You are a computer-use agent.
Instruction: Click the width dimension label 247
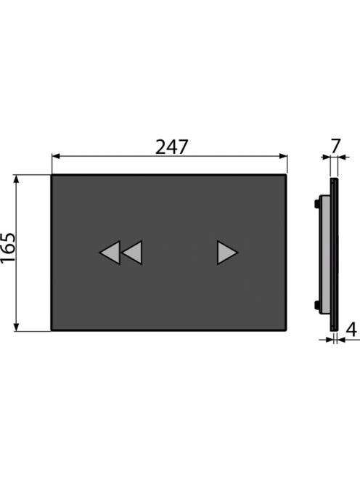pos(171,147)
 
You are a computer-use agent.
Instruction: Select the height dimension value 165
pos(8,248)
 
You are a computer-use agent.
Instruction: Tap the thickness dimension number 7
pos(336,146)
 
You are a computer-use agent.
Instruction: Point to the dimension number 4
pos(352,330)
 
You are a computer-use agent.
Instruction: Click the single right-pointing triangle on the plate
pos(227,253)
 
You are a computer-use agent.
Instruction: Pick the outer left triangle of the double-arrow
pos(110,253)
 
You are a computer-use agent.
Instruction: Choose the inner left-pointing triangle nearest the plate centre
pos(132,253)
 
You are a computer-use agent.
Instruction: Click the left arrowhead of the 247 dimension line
pos(56,157)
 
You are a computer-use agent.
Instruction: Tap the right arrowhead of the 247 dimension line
pos(283,157)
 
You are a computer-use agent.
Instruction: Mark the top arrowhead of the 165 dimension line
pos(17,179)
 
